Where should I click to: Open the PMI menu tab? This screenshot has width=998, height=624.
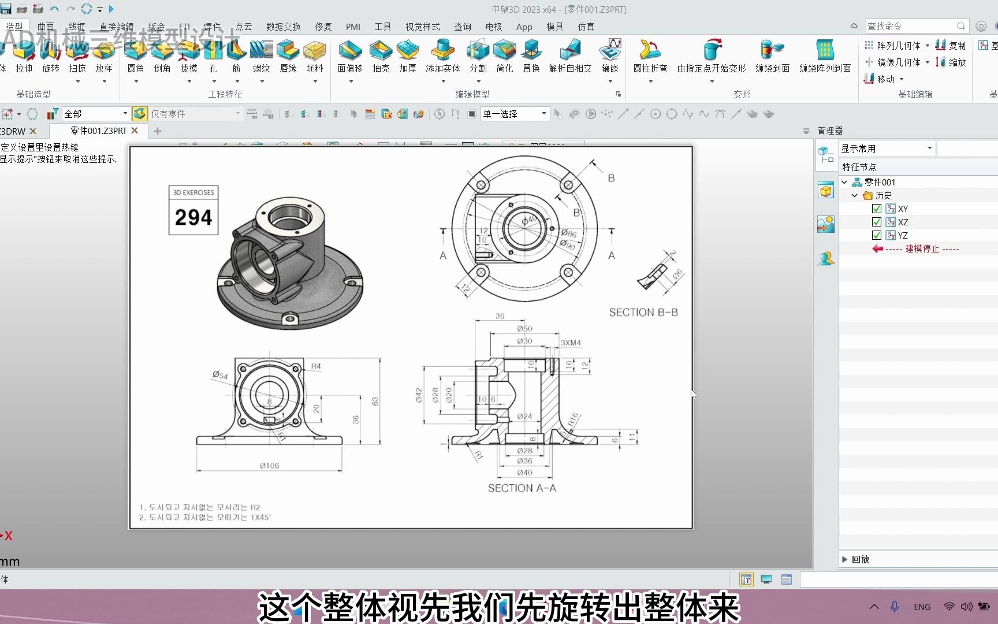pyautogui.click(x=353, y=27)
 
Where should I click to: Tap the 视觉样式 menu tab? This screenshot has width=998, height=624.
pyautogui.click(x=422, y=27)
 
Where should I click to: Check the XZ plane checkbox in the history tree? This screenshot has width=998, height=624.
pyautogui.click(x=876, y=222)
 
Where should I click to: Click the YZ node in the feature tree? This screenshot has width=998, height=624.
pyautogui.click(x=902, y=235)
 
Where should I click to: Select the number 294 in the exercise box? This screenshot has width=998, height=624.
pyautogui.click(x=193, y=217)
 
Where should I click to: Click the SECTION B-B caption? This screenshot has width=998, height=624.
pyautogui.click(x=643, y=312)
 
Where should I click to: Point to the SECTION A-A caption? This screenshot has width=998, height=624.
pyautogui.click(x=522, y=488)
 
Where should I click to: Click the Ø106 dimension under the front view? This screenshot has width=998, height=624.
pyautogui.click(x=269, y=465)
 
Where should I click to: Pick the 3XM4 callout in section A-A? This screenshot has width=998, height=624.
pyautogui.click(x=571, y=343)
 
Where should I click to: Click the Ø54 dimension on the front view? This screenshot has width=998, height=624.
pyautogui.click(x=220, y=375)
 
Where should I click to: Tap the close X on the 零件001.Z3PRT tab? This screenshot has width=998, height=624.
pyautogui.click(x=135, y=131)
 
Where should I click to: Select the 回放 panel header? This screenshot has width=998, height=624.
pyautogui.click(x=860, y=559)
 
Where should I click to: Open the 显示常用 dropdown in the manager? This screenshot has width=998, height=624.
pyautogui.click(x=886, y=148)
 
